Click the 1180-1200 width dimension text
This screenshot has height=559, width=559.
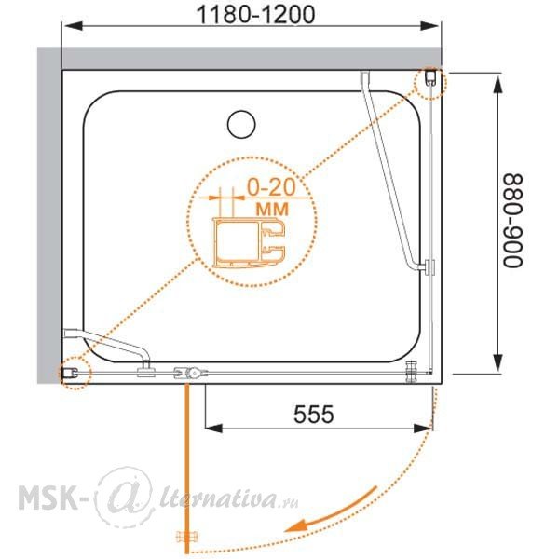(x=255, y=14)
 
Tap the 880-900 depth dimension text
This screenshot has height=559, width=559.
(x=512, y=220)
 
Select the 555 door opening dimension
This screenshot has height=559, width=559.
(x=314, y=414)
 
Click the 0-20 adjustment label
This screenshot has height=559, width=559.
(x=272, y=187)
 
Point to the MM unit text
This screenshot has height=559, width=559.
(x=272, y=210)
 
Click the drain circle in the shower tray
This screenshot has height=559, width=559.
(x=241, y=124)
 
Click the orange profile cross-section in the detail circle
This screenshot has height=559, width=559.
(x=249, y=242)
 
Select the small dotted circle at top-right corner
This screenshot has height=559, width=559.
(x=429, y=83)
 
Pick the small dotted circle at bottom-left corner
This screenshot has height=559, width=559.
(x=75, y=373)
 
